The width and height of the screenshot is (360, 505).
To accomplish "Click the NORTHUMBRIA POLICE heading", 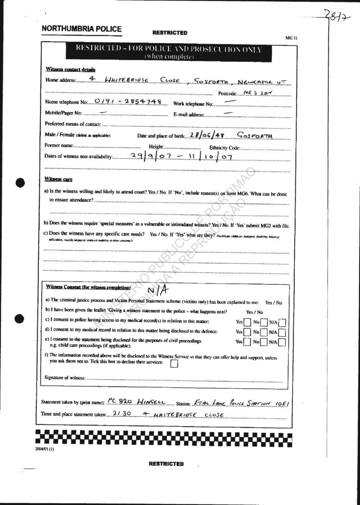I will coord(82,29).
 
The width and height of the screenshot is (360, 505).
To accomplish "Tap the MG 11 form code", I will coord(291,37).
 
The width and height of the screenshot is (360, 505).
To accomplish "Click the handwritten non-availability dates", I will coord(181,156).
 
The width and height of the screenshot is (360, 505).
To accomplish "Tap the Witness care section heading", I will coord(58,179).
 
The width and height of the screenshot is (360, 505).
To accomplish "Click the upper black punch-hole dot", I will coord(20,182).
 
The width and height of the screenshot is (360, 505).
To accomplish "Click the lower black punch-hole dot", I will coord(20,317).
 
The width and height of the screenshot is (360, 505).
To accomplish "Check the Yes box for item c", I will coord(247,322).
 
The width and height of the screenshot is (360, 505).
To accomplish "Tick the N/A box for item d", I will coord(282,332).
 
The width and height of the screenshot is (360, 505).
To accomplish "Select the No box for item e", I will coord(264,342).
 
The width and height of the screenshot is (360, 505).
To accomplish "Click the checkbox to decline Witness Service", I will coord(174,364).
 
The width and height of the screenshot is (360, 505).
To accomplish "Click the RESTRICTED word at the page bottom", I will coord(166,464).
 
